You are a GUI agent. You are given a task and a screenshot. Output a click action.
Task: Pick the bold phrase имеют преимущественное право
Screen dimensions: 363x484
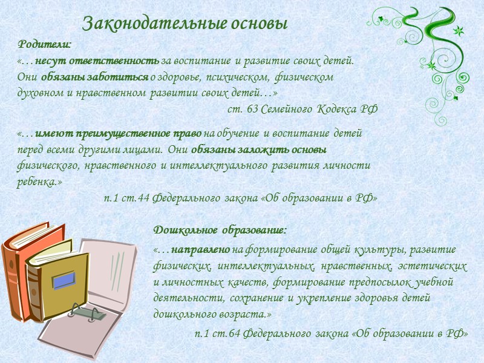click(119, 133)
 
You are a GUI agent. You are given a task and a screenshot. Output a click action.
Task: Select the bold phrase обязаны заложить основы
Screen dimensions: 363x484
click(258, 149)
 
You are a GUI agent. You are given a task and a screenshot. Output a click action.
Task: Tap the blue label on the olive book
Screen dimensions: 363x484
click(64, 280)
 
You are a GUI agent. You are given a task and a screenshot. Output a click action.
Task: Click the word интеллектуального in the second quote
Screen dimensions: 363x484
click(212, 165)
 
